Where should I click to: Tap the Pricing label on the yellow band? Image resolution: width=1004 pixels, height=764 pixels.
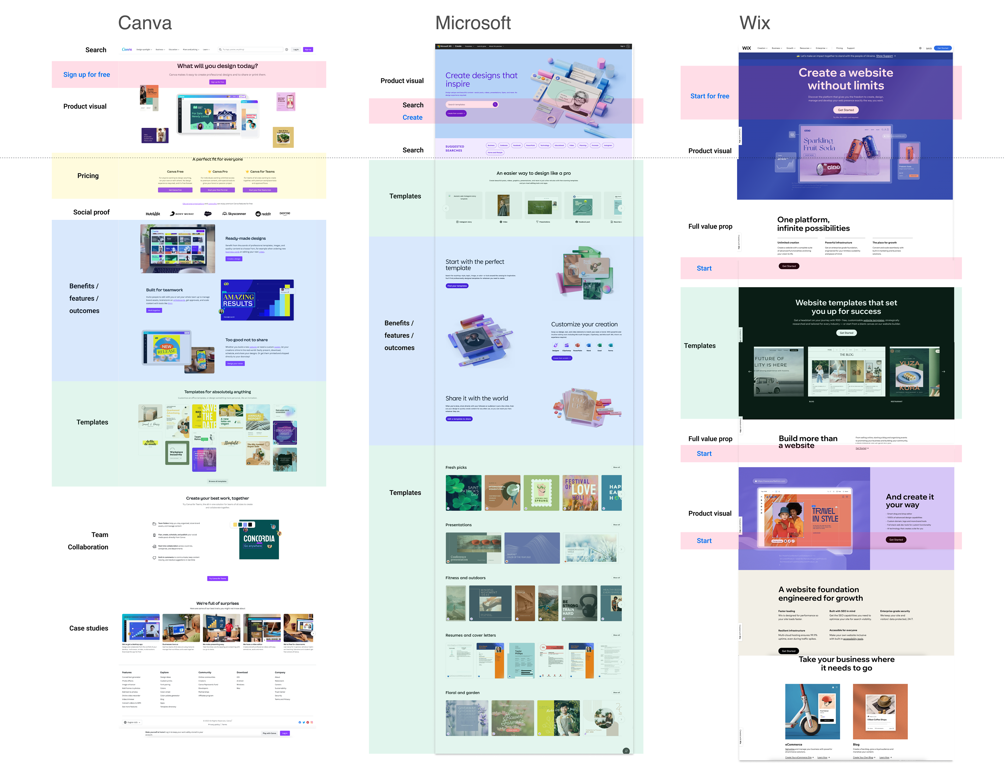point(88,176)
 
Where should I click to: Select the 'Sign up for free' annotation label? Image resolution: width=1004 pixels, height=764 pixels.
point(87,74)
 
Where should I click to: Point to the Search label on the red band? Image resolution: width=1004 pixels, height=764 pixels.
point(413,105)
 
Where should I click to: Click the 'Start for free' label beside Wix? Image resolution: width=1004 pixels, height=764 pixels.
point(709,96)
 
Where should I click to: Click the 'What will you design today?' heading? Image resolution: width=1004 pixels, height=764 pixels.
point(218,66)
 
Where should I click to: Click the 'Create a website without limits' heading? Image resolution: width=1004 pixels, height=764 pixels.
point(846,79)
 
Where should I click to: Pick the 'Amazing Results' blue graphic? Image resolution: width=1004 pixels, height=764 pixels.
point(257,300)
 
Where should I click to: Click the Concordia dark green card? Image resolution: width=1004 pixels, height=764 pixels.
point(259,539)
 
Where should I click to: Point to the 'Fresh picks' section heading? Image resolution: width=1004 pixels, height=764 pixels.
point(456,468)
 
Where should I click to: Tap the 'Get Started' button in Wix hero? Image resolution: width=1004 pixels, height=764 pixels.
point(846,110)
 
